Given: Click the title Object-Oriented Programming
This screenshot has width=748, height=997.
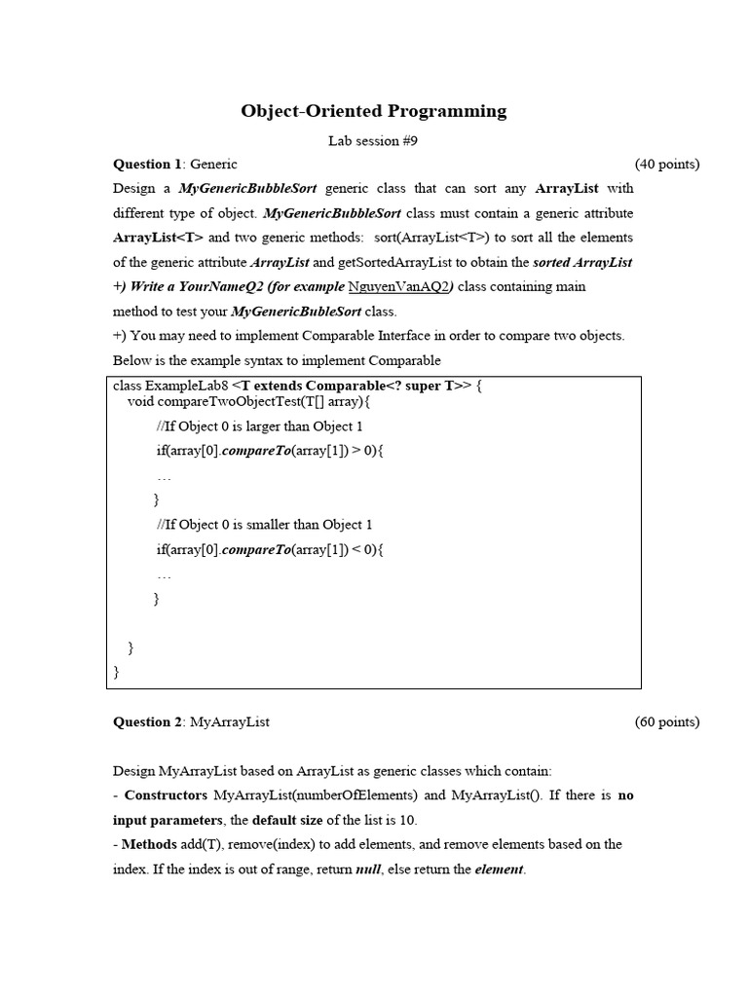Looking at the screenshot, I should [x=374, y=111].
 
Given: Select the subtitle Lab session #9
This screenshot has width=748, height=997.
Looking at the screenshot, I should [x=373, y=141].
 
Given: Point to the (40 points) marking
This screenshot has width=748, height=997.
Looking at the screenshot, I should [x=666, y=165].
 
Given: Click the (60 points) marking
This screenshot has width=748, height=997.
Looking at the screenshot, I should [x=666, y=722].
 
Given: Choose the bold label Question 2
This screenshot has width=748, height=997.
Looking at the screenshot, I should [x=148, y=722].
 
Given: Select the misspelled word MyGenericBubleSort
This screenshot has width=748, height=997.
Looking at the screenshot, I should [x=296, y=312].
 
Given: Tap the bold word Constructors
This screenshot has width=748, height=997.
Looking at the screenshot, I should [x=167, y=795].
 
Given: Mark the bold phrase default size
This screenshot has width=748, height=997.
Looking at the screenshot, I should [x=289, y=820].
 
